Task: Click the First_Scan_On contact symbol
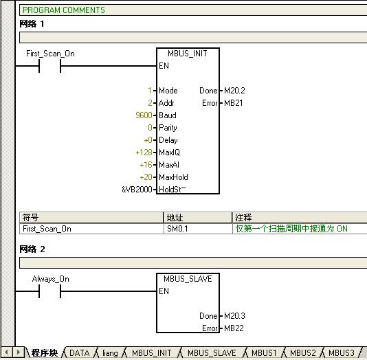tap(50, 66)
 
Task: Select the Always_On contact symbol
tap(50, 291)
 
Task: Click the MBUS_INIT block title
tap(187, 54)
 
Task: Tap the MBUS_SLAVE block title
tap(188, 279)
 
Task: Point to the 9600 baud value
tap(144, 115)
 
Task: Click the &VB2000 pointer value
tap(137, 190)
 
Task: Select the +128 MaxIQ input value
tap(144, 153)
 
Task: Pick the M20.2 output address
tap(234, 91)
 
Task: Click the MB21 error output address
tap(234, 103)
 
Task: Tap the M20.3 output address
tap(234, 316)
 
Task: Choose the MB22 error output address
tap(234, 328)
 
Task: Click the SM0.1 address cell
tap(177, 229)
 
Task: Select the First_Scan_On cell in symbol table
tap(47, 229)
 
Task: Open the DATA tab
tap(79, 352)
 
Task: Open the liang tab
tap(110, 353)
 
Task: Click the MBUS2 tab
tap(303, 352)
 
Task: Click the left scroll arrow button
tap(7, 352)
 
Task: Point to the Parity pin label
tap(168, 128)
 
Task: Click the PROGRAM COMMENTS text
tap(64, 10)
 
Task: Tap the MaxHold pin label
tap(173, 177)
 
